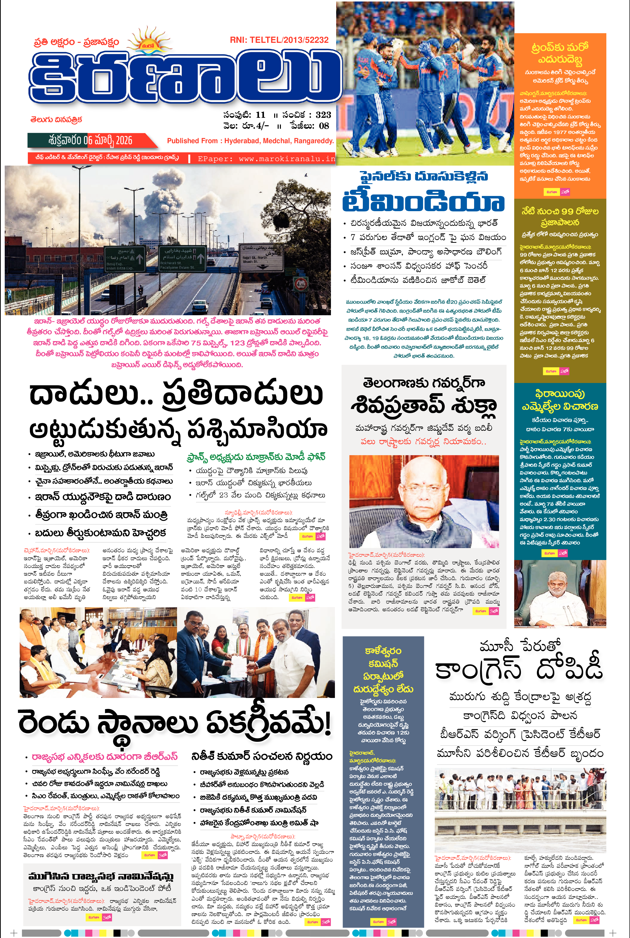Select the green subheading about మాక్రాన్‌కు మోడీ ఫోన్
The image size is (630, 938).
(x=256, y=457)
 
